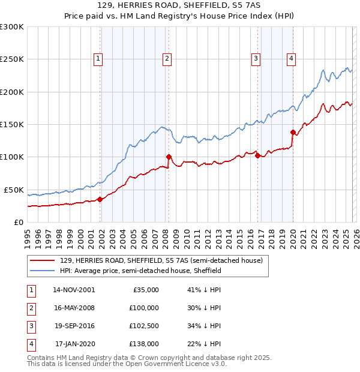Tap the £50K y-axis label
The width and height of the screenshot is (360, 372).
point(13,190)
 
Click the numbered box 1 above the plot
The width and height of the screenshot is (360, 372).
point(97,58)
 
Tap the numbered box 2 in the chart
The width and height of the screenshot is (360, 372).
point(166,58)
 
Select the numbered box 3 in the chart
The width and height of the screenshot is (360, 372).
point(256,58)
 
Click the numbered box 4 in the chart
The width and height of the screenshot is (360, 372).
point(291,58)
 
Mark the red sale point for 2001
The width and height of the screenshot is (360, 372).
point(100,200)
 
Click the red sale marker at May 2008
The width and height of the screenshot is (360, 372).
point(169,157)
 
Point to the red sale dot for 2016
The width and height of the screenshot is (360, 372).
point(257,155)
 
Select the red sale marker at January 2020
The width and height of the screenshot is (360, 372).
point(293,132)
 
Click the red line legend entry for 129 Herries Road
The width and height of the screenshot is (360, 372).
point(161,261)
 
